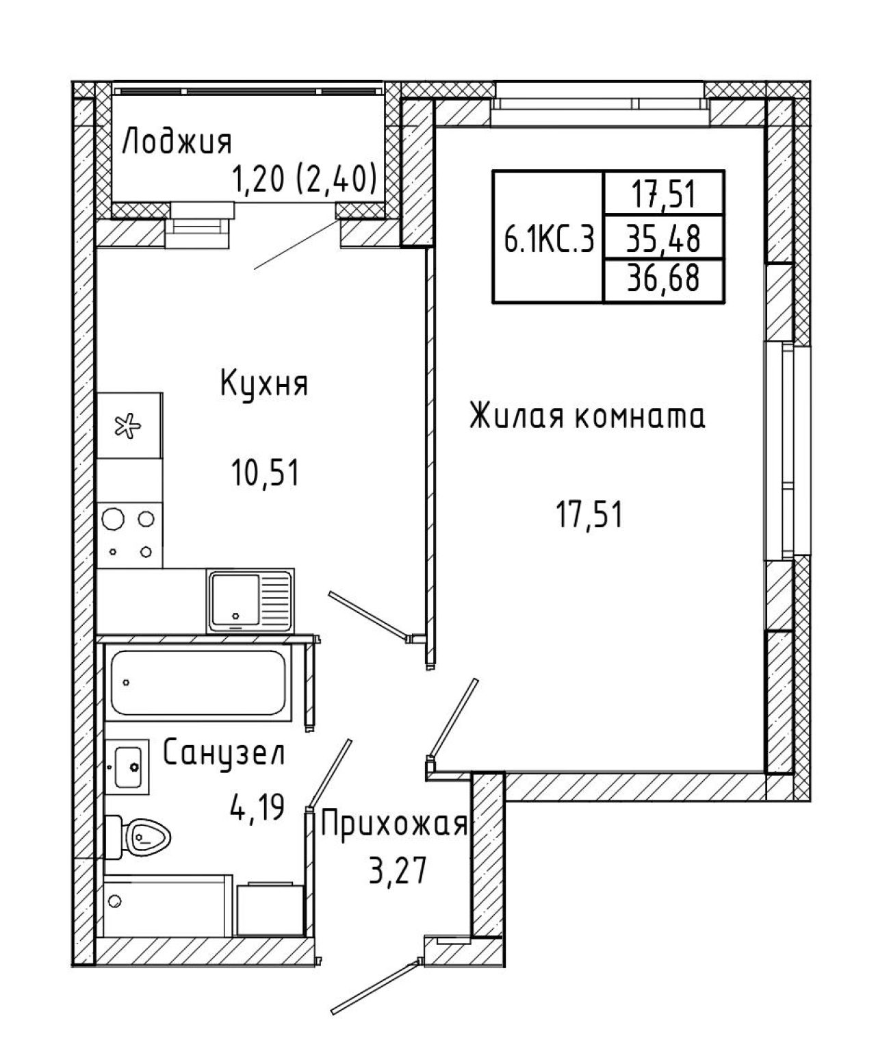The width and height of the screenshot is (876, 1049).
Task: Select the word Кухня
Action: [x=264, y=385]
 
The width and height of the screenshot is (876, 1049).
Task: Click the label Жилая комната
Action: [x=587, y=416]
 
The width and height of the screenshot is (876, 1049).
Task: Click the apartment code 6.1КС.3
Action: [x=549, y=238]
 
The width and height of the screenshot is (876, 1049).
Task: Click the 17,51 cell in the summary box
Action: [x=664, y=194]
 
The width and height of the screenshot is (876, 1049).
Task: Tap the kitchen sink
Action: [x=250, y=601]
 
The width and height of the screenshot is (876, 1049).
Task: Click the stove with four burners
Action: [x=129, y=535]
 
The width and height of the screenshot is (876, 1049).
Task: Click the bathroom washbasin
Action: [x=127, y=767]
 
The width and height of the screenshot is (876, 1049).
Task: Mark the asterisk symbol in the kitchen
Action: [x=128, y=425]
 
